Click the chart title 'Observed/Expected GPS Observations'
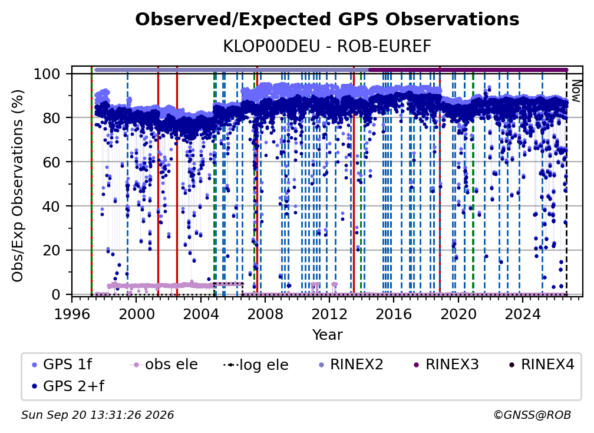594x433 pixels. [x=327, y=19]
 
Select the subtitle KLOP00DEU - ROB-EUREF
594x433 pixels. [x=327, y=46]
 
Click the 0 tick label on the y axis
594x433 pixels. [x=56, y=294]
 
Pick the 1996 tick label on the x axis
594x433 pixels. [x=72, y=314]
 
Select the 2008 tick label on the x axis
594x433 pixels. [x=265, y=314]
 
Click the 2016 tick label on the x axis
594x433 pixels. [x=394, y=314]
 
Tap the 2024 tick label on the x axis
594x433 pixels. [x=522, y=314]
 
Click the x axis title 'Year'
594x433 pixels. [x=327, y=335]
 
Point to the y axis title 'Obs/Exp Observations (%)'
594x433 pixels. [x=18, y=185]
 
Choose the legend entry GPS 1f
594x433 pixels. [x=62, y=365]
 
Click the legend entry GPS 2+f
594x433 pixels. [x=68, y=386]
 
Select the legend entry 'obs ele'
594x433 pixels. [x=164, y=365]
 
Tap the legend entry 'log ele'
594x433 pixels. [x=256, y=365]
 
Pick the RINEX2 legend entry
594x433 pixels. [x=351, y=365]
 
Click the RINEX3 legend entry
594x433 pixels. [x=447, y=365]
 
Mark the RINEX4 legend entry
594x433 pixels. [x=542, y=365]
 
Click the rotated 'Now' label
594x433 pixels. [x=576, y=91]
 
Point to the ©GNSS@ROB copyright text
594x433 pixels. [x=532, y=415]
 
